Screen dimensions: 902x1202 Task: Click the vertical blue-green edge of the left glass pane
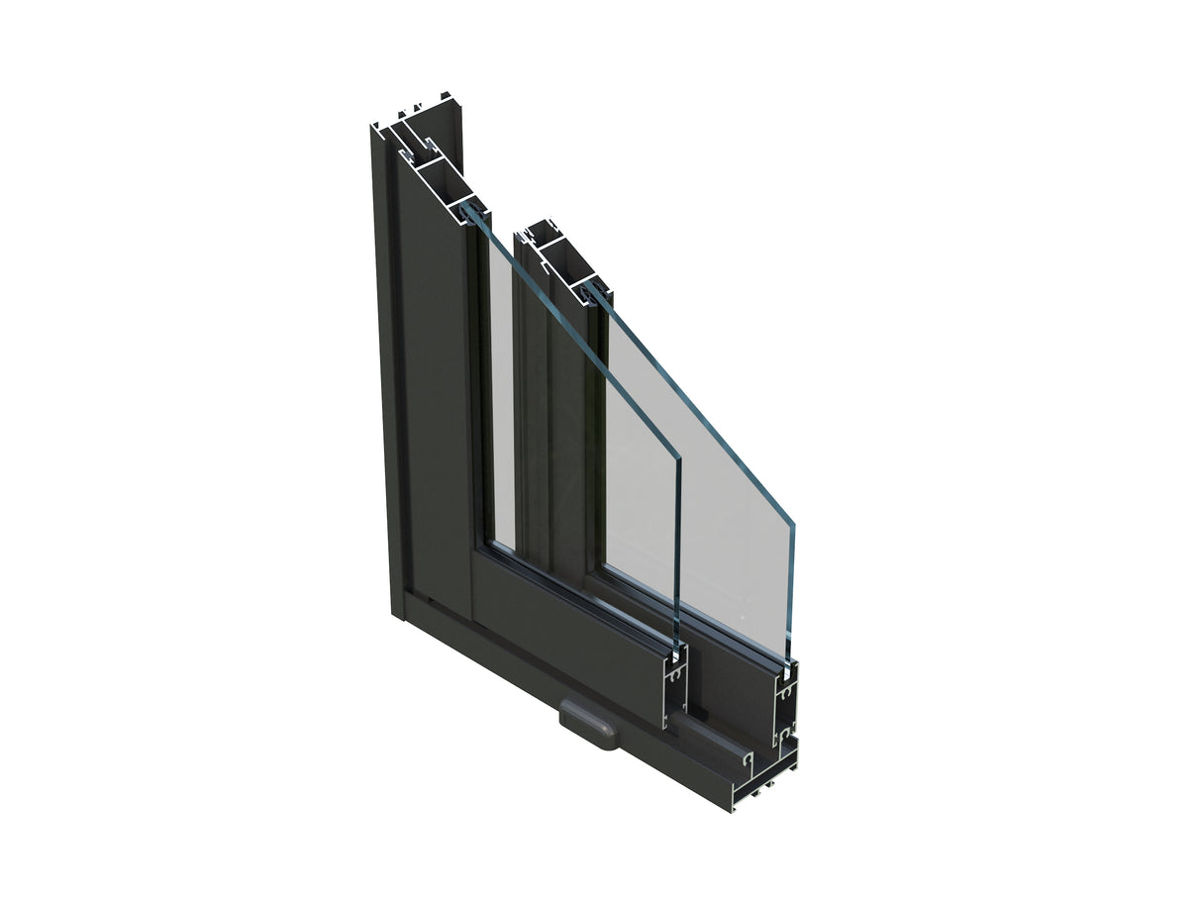point(677,554)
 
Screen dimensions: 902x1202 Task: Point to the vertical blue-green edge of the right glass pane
point(791,594)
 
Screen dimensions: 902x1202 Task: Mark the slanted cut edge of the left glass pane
point(574,337)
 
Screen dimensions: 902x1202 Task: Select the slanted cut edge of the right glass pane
point(693,406)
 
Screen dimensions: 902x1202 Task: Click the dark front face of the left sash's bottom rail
point(564,634)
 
